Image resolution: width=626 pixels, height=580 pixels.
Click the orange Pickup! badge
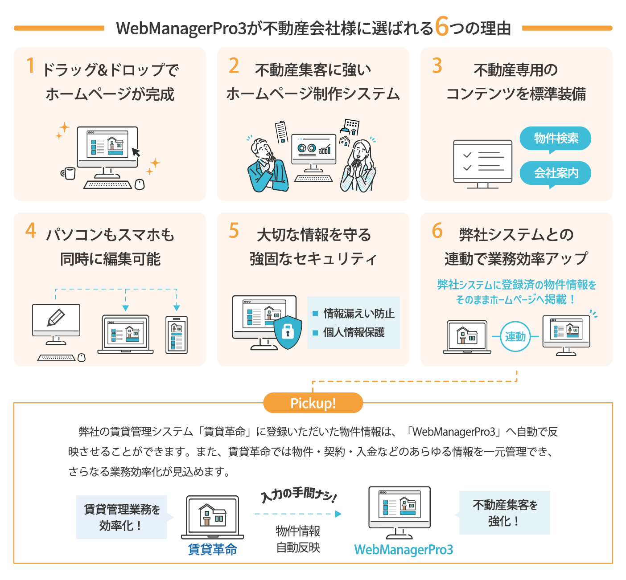(x=313, y=403)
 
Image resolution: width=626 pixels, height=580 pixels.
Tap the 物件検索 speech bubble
(x=556, y=139)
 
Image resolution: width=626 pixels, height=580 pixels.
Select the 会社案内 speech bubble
(x=556, y=173)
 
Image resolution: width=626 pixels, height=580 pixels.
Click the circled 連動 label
(x=515, y=337)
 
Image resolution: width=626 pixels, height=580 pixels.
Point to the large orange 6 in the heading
(x=441, y=26)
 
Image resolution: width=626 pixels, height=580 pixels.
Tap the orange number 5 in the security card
(x=234, y=231)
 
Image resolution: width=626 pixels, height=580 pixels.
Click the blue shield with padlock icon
(x=288, y=332)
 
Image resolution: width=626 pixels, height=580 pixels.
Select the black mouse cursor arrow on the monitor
(x=136, y=152)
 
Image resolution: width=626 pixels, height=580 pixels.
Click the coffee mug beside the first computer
(x=69, y=173)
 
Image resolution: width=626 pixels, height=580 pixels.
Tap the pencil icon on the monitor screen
(x=56, y=318)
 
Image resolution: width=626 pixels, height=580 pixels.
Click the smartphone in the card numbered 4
(x=177, y=335)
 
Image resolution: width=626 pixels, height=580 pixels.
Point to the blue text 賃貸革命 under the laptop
(x=212, y=550)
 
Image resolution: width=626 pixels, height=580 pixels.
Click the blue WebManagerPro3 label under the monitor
(x=404, y=550)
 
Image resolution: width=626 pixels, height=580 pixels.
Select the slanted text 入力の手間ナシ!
(x=299, y=494)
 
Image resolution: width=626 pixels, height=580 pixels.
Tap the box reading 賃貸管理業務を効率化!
(x=122, y=517)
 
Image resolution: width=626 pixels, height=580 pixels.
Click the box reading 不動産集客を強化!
(x=504, y=513)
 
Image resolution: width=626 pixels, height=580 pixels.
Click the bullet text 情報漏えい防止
(x=358, y=314)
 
